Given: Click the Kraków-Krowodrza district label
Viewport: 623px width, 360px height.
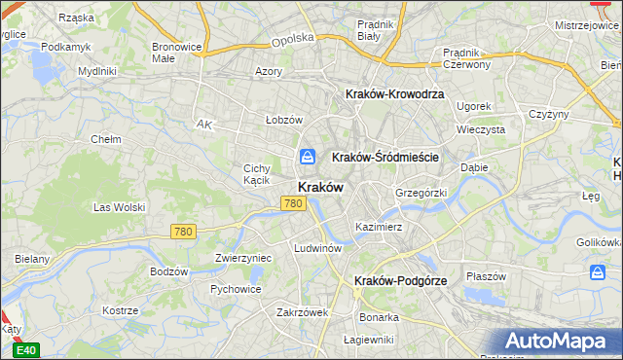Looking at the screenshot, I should point(394,94).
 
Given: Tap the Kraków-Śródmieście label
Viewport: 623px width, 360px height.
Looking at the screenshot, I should point(386,157).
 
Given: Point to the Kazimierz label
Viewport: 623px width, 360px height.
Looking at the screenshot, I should point(379,227).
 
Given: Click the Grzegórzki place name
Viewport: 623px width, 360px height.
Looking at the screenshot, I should point(421,193).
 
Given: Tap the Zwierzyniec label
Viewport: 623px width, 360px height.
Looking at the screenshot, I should point(242,259).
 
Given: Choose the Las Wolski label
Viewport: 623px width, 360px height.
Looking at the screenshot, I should point(119,207).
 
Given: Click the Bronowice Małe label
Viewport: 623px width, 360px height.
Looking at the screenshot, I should point(176,53).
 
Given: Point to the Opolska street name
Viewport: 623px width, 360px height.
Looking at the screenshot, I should point(293,39).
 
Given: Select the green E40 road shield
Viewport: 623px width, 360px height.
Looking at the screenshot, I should point(27,350).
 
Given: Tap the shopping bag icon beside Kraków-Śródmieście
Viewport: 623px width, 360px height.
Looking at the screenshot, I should point(308,156).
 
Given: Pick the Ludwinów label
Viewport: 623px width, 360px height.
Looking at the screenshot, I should point(317,248).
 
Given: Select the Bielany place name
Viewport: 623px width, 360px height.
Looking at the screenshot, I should point(32,260).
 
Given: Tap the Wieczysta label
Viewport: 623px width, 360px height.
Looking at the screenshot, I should point(481,128).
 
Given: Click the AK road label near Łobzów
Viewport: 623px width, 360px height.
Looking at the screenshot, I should point(203,125).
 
